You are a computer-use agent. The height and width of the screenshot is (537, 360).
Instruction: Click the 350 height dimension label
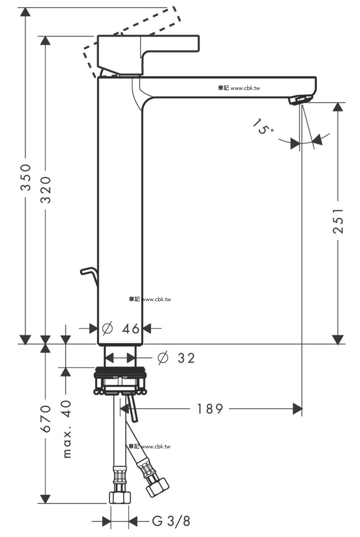point(26,177)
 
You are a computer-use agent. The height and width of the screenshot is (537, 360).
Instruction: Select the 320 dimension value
point(46,190)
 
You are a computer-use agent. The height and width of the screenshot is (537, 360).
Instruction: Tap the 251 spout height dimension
point(338,221)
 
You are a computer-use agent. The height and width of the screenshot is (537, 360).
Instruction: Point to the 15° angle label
point(263,126)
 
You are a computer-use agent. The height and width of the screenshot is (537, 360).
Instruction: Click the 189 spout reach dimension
point(210,409)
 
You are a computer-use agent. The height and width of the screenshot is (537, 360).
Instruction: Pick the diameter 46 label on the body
point(121,328)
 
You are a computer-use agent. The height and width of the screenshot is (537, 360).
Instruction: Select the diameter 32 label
point(176,358)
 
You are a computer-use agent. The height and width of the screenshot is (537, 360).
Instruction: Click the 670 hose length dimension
point(46,419)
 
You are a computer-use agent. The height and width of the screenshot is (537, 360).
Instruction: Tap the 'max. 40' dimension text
point(67,429)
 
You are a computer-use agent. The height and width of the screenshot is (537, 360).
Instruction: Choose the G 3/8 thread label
point(171,521)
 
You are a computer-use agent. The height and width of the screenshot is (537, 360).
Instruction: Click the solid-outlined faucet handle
point(148,55)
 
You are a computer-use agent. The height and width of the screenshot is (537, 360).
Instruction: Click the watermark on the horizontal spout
point(239,88)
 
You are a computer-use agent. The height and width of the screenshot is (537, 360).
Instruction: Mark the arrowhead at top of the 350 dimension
point(26,12)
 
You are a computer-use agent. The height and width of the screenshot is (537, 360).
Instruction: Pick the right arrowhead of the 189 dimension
point(297,409)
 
